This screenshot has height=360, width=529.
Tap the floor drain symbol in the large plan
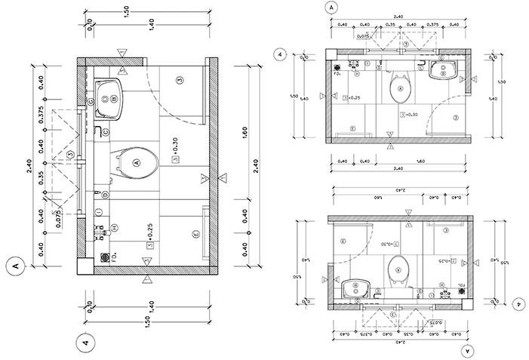(x=105, y=257)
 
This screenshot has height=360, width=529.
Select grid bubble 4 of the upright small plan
(x=280, y=55)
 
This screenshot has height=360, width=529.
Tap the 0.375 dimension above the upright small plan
(x=432, y=25)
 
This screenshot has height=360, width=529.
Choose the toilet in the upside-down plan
(x=397, y=268)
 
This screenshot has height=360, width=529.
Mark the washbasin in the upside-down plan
(x=354, y=288)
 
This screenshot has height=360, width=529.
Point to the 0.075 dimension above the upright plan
(x=362, y=35)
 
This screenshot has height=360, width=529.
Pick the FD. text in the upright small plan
(x=340, y=75)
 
